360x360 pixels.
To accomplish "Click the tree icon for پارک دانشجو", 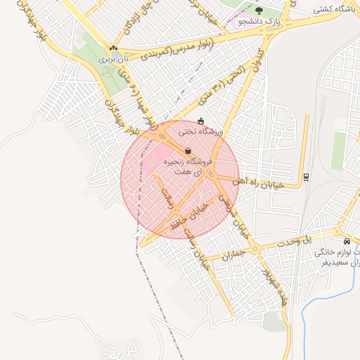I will (259, 11).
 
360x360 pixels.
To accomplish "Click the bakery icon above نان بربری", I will (113, 48).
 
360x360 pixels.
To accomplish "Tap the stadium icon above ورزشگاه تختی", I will (201, 120).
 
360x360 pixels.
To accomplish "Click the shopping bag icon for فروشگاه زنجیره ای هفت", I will (188, 150).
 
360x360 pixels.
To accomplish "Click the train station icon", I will (304, 176).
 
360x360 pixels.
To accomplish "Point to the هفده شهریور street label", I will (270, 284).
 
